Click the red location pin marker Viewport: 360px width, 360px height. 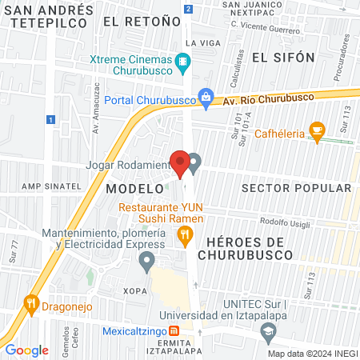pyautogui.click(x=181, y=163)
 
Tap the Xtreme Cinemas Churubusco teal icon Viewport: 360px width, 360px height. pyautogui.click(x=185, y=61)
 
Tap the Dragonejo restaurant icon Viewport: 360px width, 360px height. pyautogui.click(x=31, y=303)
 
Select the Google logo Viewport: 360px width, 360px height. pyautogui.click(x=27, y=350)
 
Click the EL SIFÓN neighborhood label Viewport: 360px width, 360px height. pyautogui.click(x=279, y=58)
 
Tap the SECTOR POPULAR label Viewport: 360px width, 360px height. pyautogui.click(x=295, y=187)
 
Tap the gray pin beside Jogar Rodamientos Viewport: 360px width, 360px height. pyautogui.click(x=194, y=162)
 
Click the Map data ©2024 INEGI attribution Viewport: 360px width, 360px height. pyautogui.click(x=311, y=353)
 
